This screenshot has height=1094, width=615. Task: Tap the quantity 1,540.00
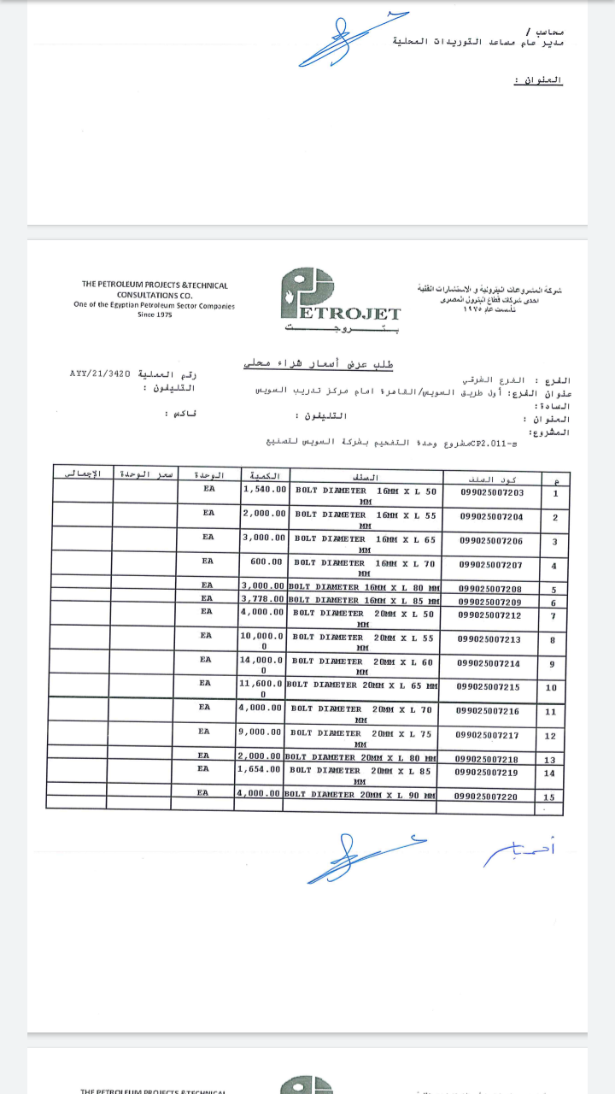click(x=264, y=490)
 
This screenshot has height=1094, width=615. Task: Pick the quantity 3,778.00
click(x=264, y=601)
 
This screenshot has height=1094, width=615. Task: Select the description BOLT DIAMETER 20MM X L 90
click(x=361, y=795)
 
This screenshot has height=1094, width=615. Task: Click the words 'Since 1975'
click(x=155, y=315)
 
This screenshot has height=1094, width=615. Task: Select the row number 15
click(x=548, y=797)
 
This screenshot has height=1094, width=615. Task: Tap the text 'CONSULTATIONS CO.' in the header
click(x=155, y=295)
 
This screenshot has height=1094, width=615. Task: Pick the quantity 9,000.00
click(x=262, y=732)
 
